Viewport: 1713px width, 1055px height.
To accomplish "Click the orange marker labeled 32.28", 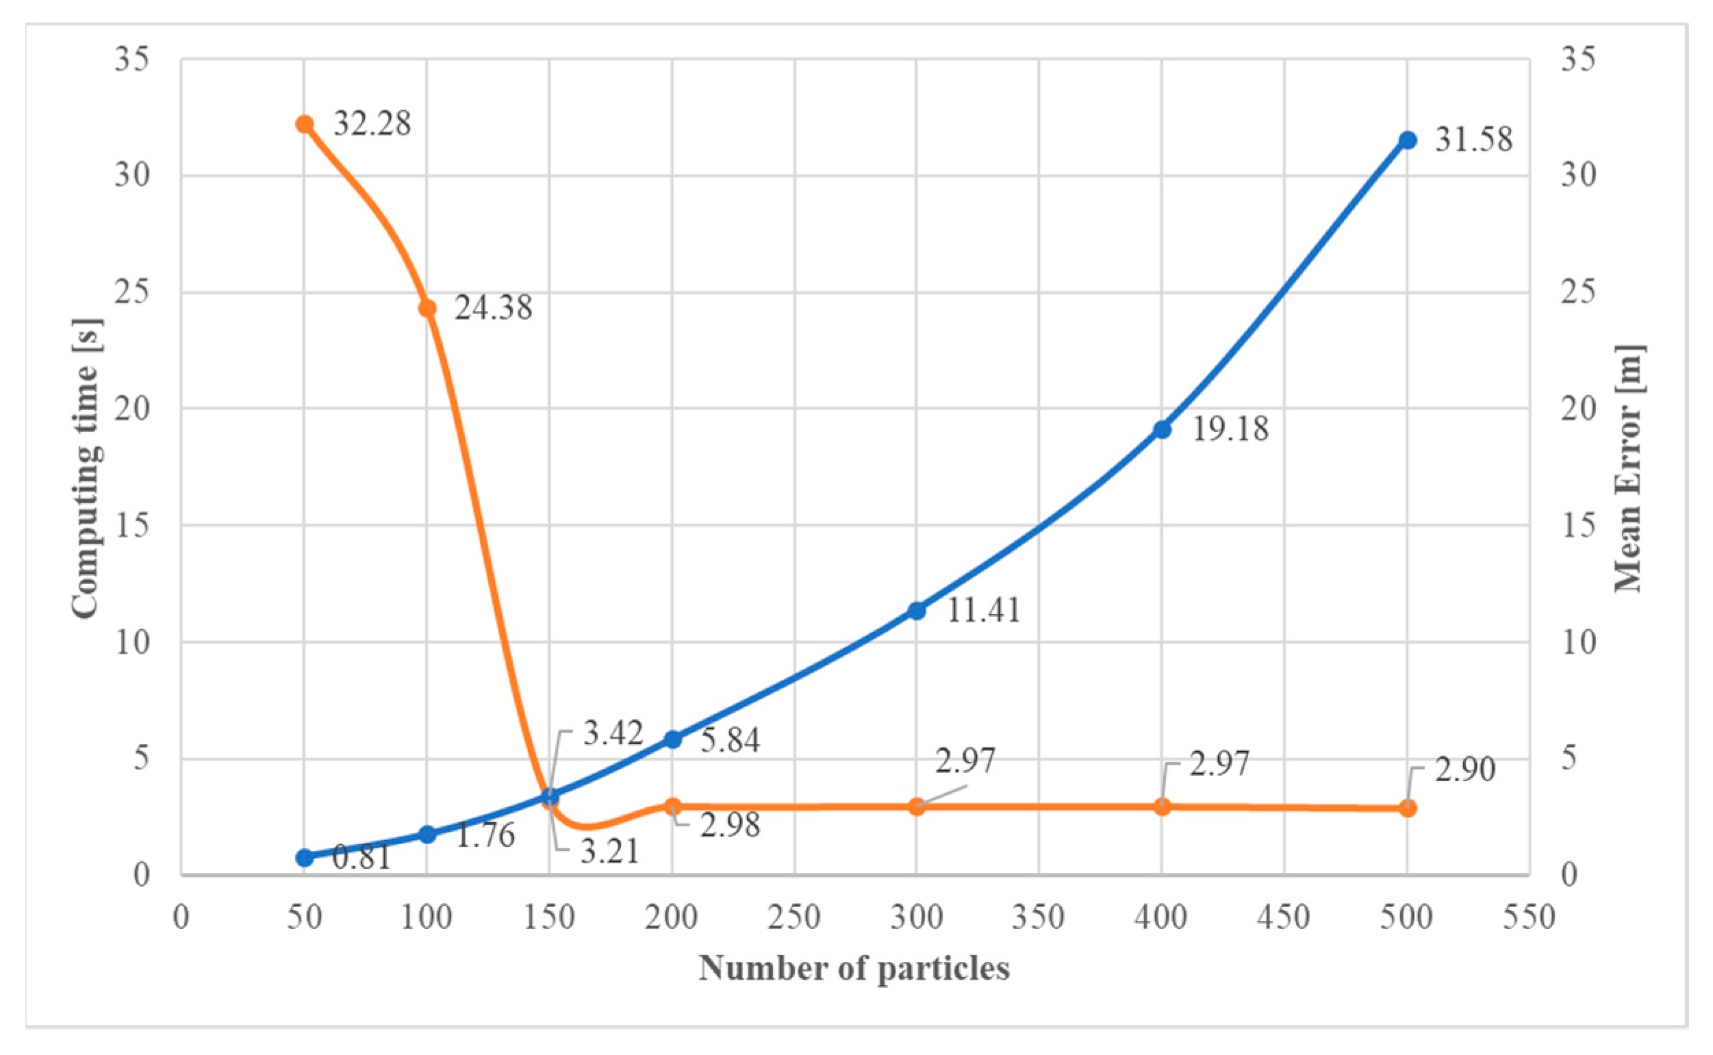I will [x=304, y=124].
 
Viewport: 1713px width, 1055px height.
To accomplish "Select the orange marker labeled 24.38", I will [x=427, y=308].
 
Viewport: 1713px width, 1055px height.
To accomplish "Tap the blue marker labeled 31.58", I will [x=1408, y=140].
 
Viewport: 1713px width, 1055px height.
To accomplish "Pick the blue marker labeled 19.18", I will [x=1162, y=430].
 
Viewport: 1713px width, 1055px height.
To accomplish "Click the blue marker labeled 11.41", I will [x=917, y=611].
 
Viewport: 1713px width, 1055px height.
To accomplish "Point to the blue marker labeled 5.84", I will [x=672, y=739].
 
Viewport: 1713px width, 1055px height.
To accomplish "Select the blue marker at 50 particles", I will [x=304, y=858].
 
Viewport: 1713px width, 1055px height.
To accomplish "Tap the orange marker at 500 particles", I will [x=1408, y=808].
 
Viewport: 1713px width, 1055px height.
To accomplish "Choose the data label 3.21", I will [x=610, y=852].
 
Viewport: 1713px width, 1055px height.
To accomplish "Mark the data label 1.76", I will [x=485, y=835].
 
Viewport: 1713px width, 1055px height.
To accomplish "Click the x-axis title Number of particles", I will [x=854, y=969].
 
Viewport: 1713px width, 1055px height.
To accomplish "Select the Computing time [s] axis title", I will [x=86, y=468].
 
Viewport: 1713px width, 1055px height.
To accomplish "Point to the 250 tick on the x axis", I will [x=794, y=918].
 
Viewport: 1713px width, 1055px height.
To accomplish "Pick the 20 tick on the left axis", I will [x=133, y=409].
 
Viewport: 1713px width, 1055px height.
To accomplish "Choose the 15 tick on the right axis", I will [x=1578, y=525].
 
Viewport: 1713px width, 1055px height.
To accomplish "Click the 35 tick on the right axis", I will [x=1578, y=60].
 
